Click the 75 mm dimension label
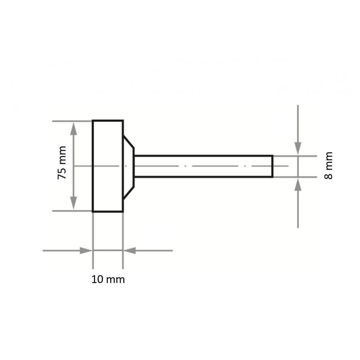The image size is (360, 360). (x=62, y=163)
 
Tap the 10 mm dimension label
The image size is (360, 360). (x=108, y=279)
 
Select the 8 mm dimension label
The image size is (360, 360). (x=329, y=165)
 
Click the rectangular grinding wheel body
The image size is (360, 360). (x=108, y=166)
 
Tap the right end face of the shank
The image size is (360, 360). (x=272, y=166)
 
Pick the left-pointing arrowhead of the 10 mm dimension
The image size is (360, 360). (x=129, y=250)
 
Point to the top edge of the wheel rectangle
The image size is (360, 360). (x=108, y=121)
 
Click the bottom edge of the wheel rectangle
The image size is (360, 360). (x=108, y=211)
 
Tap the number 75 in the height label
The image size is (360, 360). (x=62, y=173)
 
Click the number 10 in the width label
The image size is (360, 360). (x=97, y=279)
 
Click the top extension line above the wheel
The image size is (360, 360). (x=72, y=121)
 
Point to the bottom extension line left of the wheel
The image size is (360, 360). (x=72, y=211)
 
